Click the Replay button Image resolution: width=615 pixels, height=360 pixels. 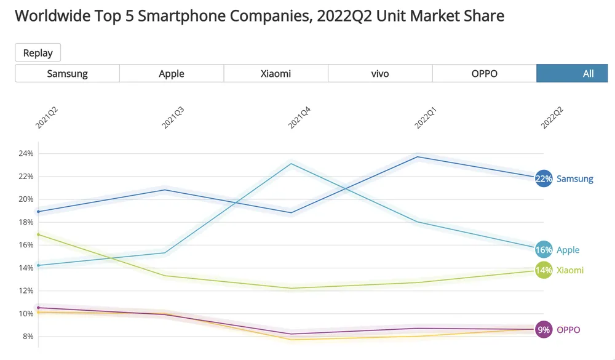pyautogui.click(x=38, y=53)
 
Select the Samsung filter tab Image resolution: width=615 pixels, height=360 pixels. pyautogui.click(x=67, y=73)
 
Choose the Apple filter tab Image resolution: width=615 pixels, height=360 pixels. pyautogui.click(x=172, y=73)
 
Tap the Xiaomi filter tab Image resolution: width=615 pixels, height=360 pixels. pyautogui.click(x=276, y=73)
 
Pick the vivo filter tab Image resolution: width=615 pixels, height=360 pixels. pyautogui.click(x=380, y=73)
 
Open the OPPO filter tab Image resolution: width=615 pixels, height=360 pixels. pyautogui.click(x=484, y=73)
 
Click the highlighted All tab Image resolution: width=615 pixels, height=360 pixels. pyautogui.click(x=587, y=73)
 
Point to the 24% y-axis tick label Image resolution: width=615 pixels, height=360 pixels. pyautogui.click(x=26, y=153)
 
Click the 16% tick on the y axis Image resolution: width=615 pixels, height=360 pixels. pyautogui.click(x=26, y=245)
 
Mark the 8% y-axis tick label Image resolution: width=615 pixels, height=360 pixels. pyautogui.click(x=28, y=337)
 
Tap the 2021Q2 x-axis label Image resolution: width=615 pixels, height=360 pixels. pyautogui.click(x=47, y=117)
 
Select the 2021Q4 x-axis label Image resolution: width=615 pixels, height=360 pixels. pyautogui.click(x=300, y=117)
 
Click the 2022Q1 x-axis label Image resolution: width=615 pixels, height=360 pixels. pyautogui.click(x=426, y=117)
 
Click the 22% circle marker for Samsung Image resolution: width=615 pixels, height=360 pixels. pyautogui.click(x=544, y=179)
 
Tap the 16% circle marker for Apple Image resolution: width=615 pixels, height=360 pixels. pyautogui.click(x=544, y=250)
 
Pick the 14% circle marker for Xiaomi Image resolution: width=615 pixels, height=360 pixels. pyautogui.click(x=544, y=270)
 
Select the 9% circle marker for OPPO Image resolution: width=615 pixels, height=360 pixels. pyautogui.click(x=544, y=330)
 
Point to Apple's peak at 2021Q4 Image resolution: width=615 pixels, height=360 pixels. pyautogui.click(x=291, y=163)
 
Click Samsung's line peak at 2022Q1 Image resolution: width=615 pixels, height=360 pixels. pyautogui.click(x=418, y=157)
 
